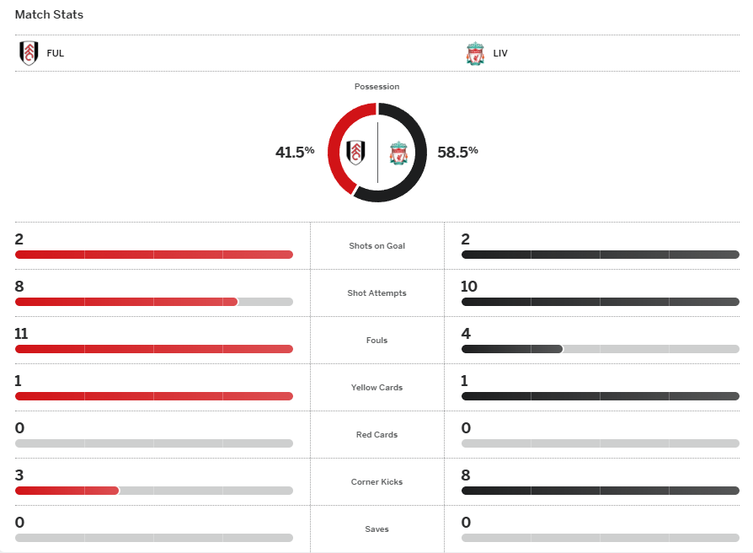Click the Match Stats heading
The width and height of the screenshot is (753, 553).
49,15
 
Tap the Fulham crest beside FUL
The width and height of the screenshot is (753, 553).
29,53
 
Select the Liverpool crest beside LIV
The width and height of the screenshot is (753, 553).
475,54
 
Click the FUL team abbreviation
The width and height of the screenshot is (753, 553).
56,54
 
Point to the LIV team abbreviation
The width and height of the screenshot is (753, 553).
501,54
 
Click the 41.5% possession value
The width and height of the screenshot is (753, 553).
294,152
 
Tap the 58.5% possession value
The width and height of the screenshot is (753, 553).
457,152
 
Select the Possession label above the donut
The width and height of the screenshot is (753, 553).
376,87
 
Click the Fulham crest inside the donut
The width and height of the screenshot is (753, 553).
356,153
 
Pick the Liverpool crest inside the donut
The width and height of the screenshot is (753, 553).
398,153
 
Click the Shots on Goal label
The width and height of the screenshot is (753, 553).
376,246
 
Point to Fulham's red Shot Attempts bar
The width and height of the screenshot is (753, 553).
126,302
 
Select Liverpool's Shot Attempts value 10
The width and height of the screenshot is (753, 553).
469,287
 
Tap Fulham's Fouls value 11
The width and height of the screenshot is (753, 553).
21,334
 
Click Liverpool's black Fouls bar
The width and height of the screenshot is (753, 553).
511,349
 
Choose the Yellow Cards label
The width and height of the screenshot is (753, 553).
376,388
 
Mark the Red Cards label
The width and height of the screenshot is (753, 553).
376,435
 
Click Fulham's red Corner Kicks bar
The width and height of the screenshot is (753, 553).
67,491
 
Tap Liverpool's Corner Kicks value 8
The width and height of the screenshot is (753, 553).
466,475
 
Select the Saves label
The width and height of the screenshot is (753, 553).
376,529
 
